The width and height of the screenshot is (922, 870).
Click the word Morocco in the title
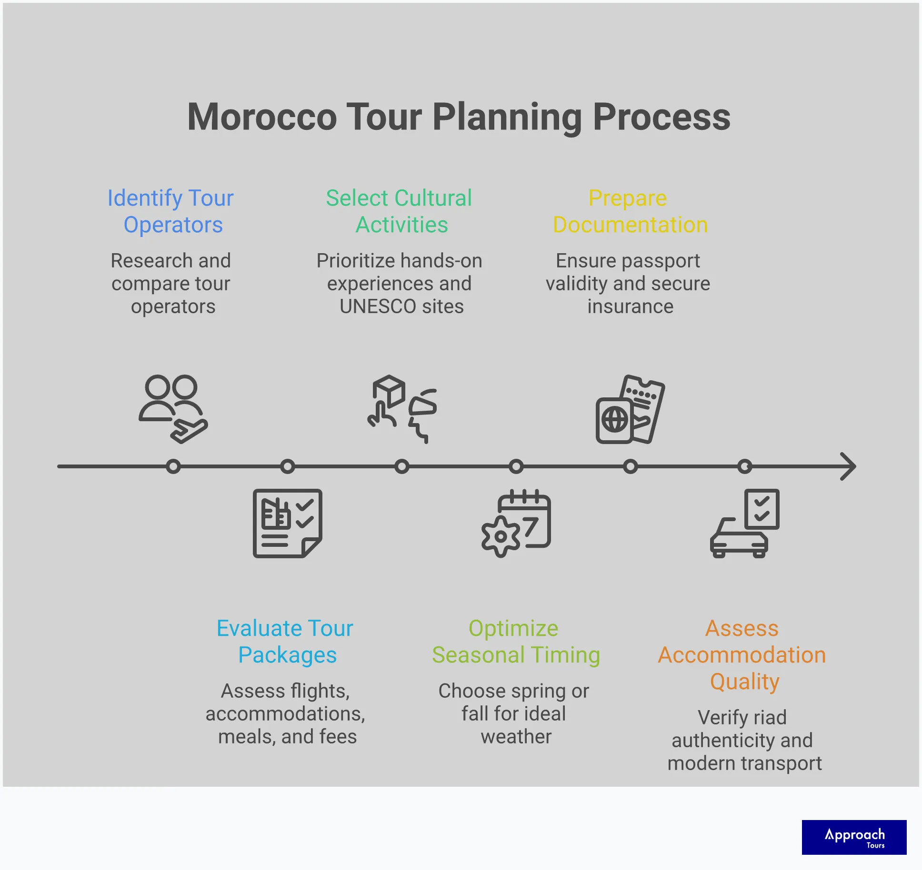[x=262, y=117]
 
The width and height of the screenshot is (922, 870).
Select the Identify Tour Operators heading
[x=171, y=211]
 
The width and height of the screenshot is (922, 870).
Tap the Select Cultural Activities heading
[x=400, y=211]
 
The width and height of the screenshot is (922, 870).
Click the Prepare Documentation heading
[x=630, y=211]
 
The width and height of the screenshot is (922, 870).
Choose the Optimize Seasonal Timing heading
[x=515, y=641]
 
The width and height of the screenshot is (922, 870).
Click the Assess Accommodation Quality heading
[x=742, y=654]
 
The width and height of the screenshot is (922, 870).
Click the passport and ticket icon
[x=630, y=409]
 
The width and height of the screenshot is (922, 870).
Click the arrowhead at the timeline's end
[x=849, y=466]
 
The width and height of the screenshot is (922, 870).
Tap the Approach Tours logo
[x=854, y=837]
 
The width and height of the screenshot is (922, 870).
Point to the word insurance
[x=630, y=306]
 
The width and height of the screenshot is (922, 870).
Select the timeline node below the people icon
[x=173, y=466]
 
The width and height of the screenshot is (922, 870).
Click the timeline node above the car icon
[x=745, y=466]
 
